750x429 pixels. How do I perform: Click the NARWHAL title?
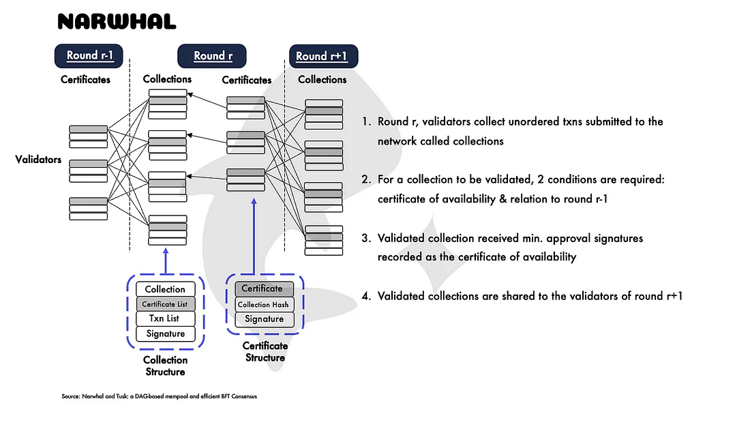point(117,22)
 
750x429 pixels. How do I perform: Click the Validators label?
point(39,161)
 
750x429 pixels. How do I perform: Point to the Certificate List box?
point(165,304)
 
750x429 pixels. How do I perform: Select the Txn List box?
point(165,319)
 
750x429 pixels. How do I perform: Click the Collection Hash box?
point(263,304)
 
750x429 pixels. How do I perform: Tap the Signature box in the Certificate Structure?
point(263,319)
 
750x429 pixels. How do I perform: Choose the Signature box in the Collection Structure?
point(165,334)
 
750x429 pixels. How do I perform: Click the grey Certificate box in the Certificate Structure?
point(263,289)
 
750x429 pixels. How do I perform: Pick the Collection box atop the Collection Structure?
point(165,289)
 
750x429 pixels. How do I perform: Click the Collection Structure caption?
point(165,366)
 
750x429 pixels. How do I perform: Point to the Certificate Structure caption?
point(265,351)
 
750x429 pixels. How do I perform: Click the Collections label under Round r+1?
point(322,80)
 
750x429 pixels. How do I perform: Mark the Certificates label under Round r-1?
point(86,80)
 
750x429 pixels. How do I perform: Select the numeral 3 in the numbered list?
point(365,238)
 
